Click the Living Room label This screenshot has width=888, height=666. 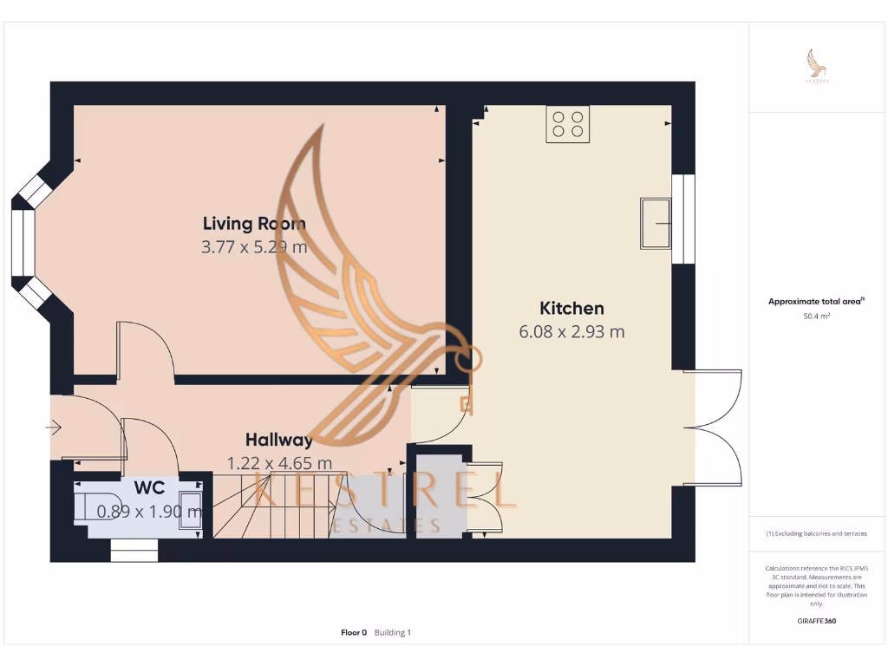click(x=254, y=224)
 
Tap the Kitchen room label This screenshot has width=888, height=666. click(x=571, y=308)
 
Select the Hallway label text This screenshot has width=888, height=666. click(x=278, y=440)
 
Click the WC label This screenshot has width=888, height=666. click(x=149, y=488)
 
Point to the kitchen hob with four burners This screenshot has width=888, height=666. click(x=568, y=124)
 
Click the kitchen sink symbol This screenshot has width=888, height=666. click(x=655, y=223)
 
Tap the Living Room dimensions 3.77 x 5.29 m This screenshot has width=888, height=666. click(x=254, y=247)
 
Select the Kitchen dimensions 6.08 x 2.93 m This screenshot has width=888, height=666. click(x=571, y=331)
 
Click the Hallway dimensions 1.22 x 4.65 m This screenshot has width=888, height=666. click(x=278, y=463)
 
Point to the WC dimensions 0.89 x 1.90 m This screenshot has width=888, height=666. click(x=149, y=512)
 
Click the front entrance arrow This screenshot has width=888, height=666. click(x=54, y=428)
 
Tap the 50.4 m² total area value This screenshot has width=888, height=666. click(x=817, y=317)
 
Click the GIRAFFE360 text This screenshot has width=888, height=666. click(x=817, y=621)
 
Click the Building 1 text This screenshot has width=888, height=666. click(x=393, y=633)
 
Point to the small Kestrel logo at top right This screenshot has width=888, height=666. click(x=817, y=65)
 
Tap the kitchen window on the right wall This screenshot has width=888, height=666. click(x=683, y=219)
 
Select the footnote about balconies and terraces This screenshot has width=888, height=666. click(x=817, y=533)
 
